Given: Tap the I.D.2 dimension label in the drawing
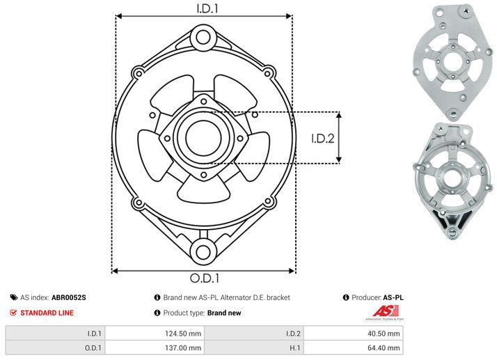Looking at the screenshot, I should pyautogui.click(x=323, y=137).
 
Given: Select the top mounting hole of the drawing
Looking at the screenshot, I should pyautogui.click(x=203, y=36).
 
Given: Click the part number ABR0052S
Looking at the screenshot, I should pyautogui.click(x=69, y=297).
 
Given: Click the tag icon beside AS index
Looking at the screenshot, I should pyautogui.click(x=13, y=297).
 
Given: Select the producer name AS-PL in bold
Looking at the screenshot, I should pyautogui.click(x=393, y=297).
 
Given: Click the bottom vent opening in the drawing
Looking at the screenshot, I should pyautogui.click(x=203, y=185).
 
